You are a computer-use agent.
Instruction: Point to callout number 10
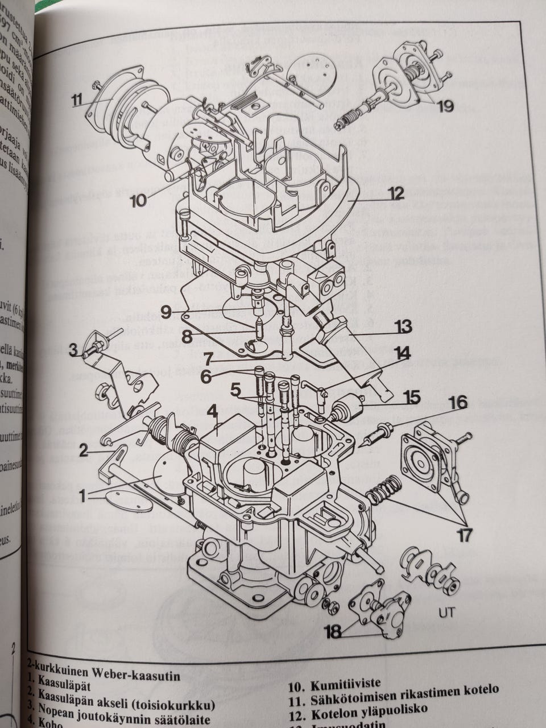pyautogui.click(x=138, y=200)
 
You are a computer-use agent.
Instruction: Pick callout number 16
pyautogui.click(x=457, y=403)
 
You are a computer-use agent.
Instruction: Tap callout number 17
pyautogui.click(x=465, y=536)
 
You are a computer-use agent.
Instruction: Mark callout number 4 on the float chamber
pyautogui.click(x=212, y=411)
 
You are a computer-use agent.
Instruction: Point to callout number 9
pyautogui.click(x=166, y=311)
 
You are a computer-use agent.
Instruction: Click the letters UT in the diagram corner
pyautogui.click(x=445, y=613)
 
